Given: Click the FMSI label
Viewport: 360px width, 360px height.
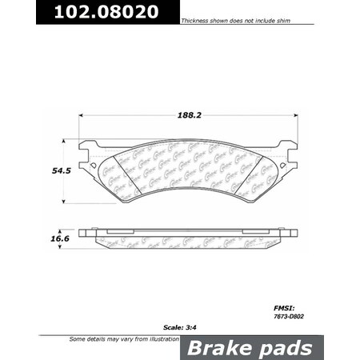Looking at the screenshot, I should pyautogui.click(x=282, y=306).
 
